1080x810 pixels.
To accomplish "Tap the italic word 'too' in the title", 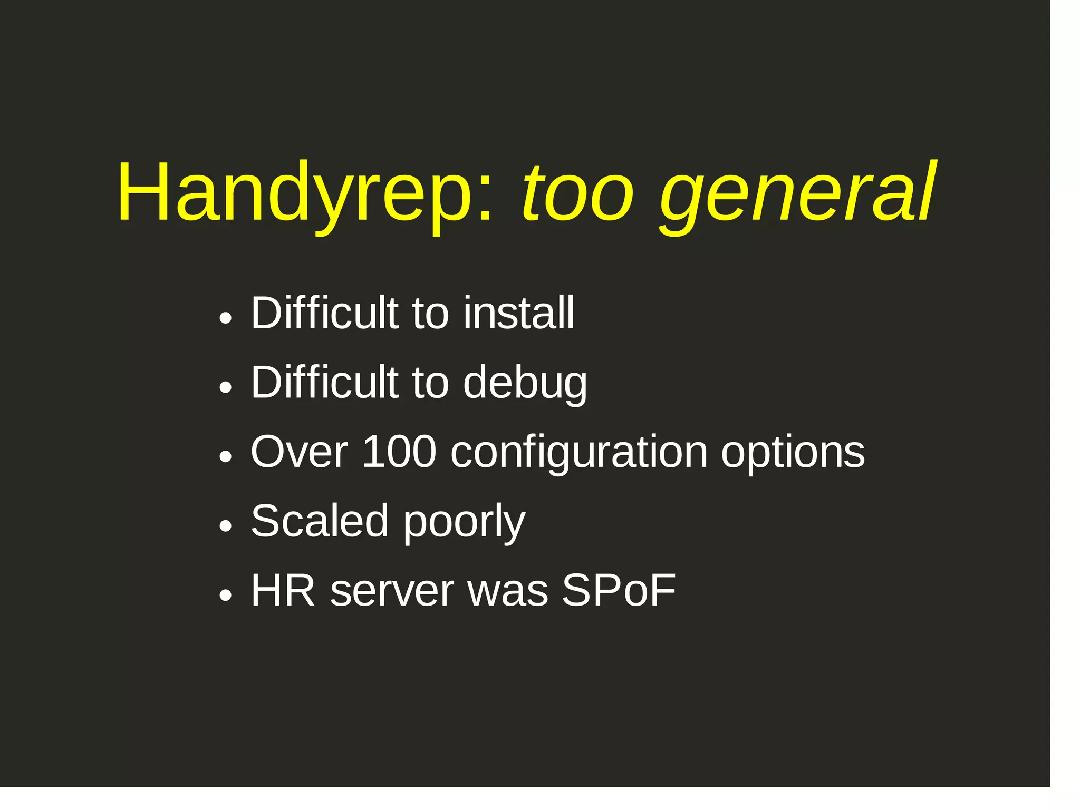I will (x=577, y=193).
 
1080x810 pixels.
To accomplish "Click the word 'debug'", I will (x=525, y=384).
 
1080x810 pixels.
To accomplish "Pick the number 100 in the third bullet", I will (x=399, y=452).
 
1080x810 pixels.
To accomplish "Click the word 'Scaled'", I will (x=320, y=521).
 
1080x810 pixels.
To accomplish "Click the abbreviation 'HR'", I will (x=283, y=591).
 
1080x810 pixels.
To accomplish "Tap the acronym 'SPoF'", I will (x=618, y=591).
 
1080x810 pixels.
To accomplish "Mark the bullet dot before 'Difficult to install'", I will (x=226, y=319).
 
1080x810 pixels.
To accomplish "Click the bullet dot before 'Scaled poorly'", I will (x=226, y=526).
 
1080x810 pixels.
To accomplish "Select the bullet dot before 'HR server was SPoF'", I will (x=226, y=596).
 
